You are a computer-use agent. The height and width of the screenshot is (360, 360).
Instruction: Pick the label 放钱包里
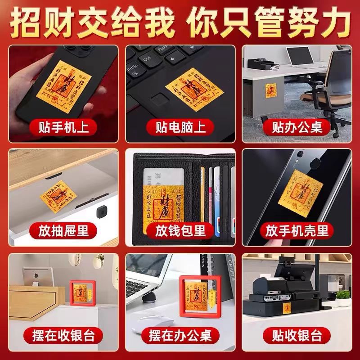180,231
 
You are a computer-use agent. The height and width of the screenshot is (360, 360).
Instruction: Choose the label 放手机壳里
297,231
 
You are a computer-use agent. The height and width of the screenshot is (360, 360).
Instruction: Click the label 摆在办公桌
180,335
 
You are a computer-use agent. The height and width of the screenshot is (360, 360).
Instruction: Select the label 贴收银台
297,335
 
